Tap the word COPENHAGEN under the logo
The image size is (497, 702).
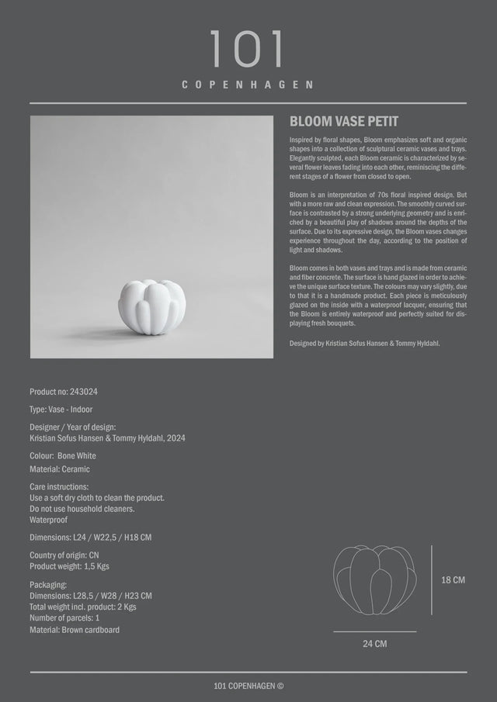point(248,84)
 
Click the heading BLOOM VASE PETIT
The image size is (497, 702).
point(343,122)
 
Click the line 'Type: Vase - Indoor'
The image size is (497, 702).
point(61,409)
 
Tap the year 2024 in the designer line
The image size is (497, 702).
point(175,438)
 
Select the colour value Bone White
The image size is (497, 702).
point(77,456)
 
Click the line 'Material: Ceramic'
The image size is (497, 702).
point(60,469)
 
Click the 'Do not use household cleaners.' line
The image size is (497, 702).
point(82,509)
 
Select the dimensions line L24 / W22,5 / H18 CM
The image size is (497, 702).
point(90,538)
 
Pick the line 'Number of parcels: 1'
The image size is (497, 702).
point(64,618)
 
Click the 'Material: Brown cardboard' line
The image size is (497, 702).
point(75,630)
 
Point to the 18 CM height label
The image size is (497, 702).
point(454,580)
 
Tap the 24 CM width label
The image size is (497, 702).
point(374,644)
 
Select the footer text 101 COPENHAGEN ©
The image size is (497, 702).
point(248,686)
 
